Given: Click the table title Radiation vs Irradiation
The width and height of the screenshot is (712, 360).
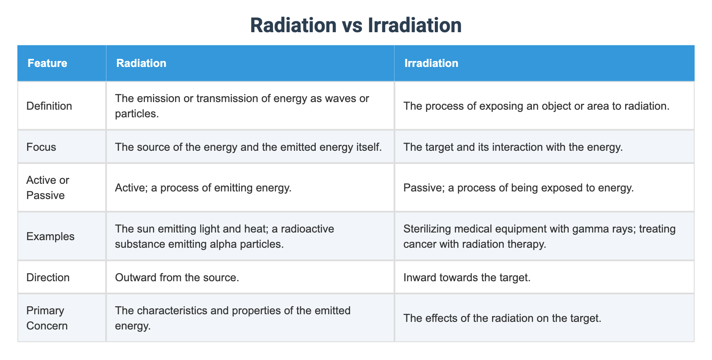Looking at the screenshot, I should click(356, 25).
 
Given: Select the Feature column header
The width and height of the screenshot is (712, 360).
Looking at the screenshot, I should click(47, 64).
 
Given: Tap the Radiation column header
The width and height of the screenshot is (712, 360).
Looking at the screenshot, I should click(141, 64).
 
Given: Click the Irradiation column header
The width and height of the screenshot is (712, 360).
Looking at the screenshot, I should click(431, 64).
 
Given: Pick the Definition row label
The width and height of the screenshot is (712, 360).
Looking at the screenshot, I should click(49, 106).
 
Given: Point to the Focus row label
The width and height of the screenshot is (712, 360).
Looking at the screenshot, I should click(41, 147).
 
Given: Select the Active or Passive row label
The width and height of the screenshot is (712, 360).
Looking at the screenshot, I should click(47, 188).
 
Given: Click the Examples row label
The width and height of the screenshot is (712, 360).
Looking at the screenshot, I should click(50, 236).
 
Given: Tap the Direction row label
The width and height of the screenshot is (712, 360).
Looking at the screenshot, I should click(48, 277).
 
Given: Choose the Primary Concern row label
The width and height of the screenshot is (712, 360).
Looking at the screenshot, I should click(47, 318).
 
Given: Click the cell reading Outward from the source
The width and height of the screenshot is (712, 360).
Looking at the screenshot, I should click(177, 277).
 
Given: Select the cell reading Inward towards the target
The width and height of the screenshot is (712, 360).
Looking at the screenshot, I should click(467, 277).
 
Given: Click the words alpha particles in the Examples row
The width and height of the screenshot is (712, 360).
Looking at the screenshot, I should click(253, 244).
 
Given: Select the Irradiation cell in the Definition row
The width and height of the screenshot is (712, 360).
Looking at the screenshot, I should click(536, 106).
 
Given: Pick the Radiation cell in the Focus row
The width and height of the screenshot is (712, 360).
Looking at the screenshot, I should click(248, 147).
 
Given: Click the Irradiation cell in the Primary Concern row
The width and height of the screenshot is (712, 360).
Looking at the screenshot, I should click(502, 318).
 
